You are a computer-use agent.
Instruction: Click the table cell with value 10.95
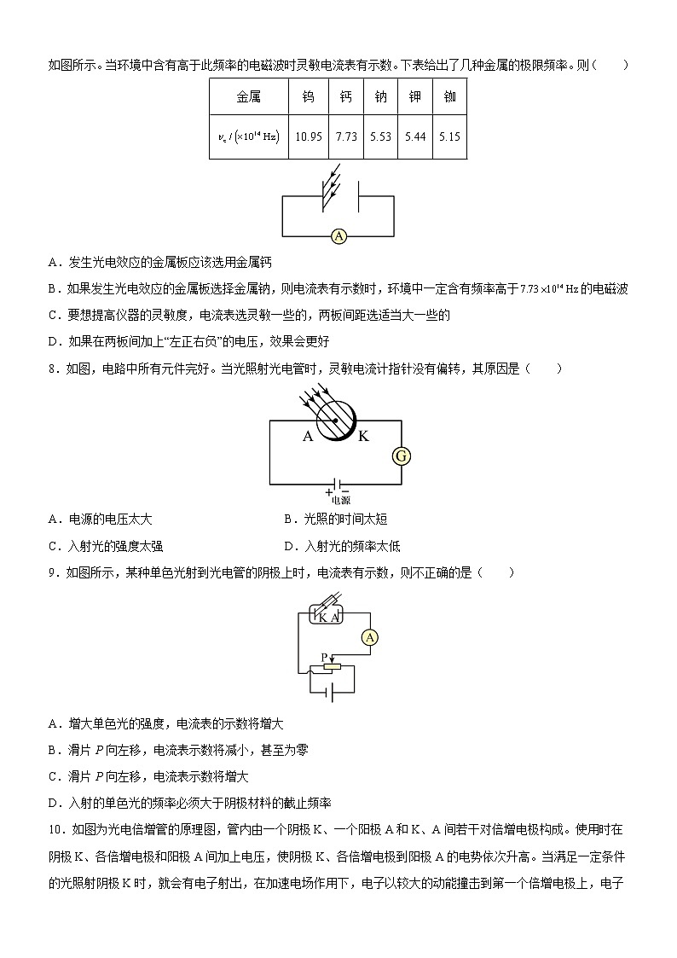tap(308, 136)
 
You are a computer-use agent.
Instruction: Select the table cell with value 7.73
tap(345, 136)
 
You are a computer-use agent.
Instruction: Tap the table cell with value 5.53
tap(379, 136)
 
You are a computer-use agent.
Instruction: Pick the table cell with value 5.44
tap(414, 136)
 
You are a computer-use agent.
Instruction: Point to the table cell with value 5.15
tap(449, 136)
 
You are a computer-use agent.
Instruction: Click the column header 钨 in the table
tap(308, 97)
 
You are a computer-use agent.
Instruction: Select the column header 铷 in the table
tap(449, 97)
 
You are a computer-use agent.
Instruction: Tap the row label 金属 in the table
tap(248, 97)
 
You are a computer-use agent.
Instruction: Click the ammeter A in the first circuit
tap(338, 237)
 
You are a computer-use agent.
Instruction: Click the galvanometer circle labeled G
tap(401, 456)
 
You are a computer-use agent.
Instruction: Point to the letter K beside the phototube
tap(363, 437)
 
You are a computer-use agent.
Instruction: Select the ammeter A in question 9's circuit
tap(369, 636)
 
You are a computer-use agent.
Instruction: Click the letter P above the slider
tap(324, 656)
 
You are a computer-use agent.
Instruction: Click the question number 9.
tap(55, 573)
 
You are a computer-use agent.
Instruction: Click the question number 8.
tap(55, 369)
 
